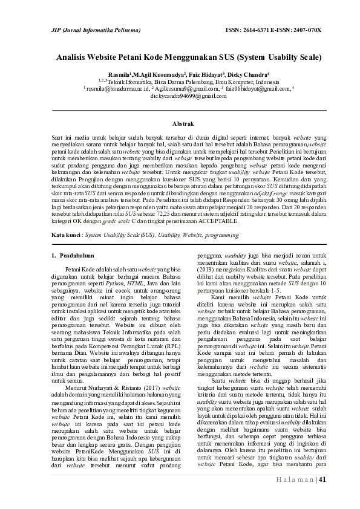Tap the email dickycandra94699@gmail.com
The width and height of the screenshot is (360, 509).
(180, 96)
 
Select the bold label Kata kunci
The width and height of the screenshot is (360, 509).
(65, 250)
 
